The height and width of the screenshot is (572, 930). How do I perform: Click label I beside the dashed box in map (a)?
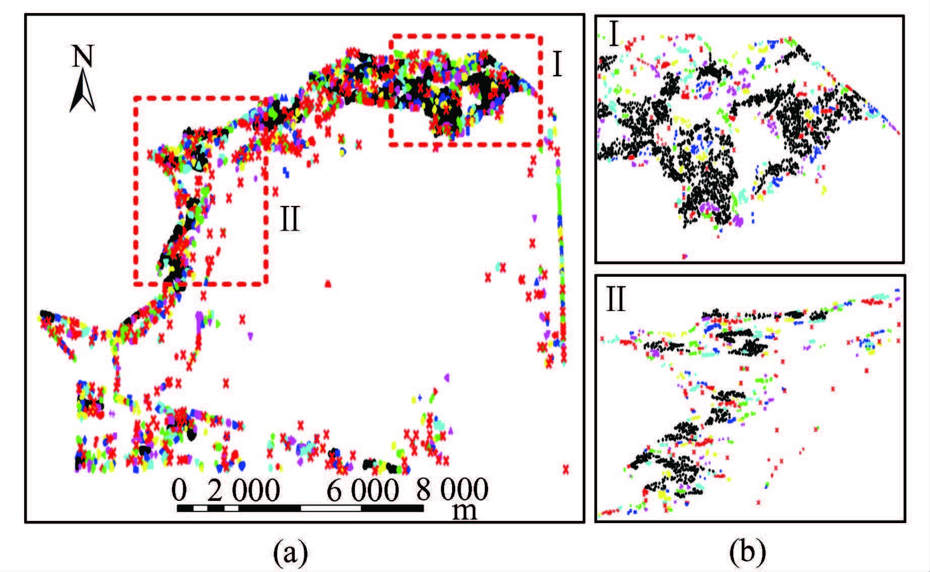click(557, 64)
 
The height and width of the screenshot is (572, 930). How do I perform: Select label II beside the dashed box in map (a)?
click(290, 220)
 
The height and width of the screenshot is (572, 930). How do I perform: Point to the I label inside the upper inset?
click(614, 35)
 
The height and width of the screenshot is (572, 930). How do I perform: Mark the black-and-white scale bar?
click(300, 508)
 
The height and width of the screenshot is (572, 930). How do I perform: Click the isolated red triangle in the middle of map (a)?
click(328, 284)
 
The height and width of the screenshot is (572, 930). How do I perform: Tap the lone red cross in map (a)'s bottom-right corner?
click(566, 469)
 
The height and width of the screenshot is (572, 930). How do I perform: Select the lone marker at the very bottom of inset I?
click(685, 256)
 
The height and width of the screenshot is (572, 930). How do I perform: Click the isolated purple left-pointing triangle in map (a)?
click(446, 377)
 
